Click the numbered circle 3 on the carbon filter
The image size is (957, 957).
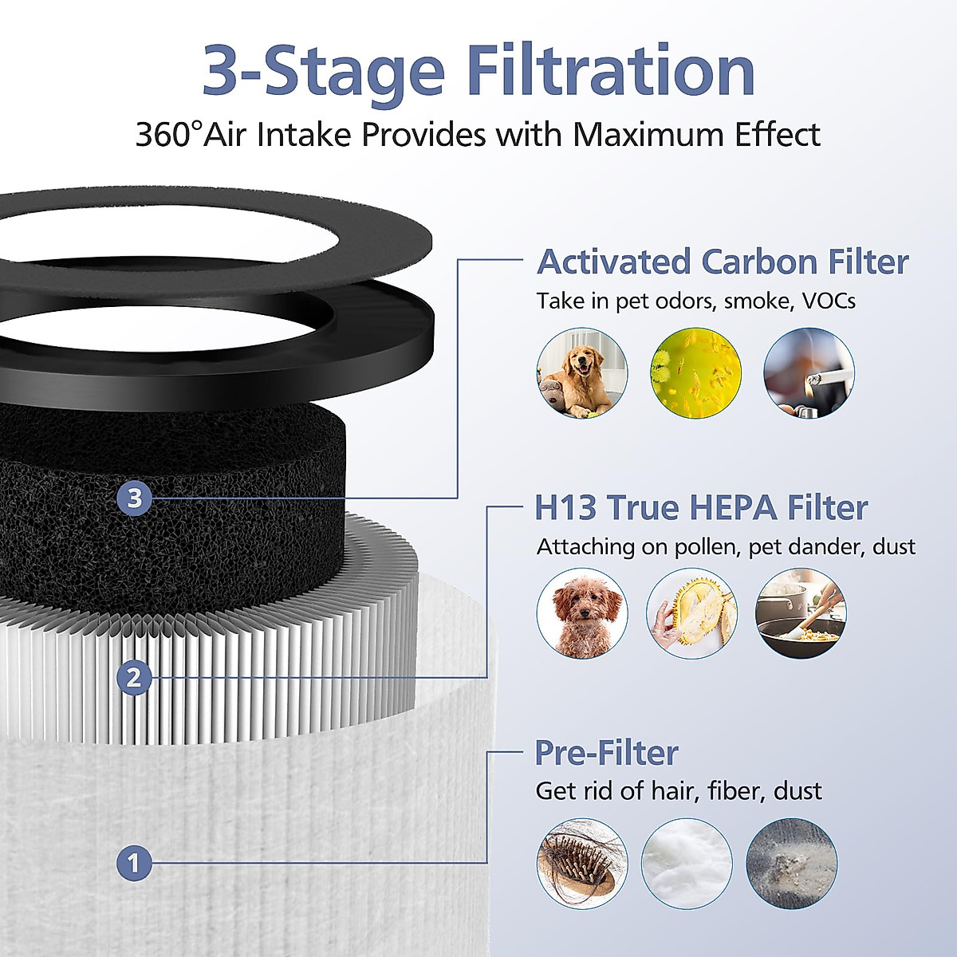134,498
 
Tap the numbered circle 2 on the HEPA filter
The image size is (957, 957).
134,678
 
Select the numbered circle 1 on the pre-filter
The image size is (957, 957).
134,863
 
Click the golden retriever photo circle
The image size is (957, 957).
581,373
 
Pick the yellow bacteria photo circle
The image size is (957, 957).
695,373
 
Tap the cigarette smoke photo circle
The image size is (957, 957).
809,373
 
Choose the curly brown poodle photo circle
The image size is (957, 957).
581,613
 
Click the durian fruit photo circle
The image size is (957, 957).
691,613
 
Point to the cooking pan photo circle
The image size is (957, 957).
801,613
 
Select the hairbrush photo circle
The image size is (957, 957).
581,864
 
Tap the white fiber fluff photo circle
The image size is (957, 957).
687,864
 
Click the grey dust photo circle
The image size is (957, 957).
792,864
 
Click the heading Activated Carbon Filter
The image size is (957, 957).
723,262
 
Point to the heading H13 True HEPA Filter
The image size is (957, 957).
701,507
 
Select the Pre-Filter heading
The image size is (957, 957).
606,752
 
